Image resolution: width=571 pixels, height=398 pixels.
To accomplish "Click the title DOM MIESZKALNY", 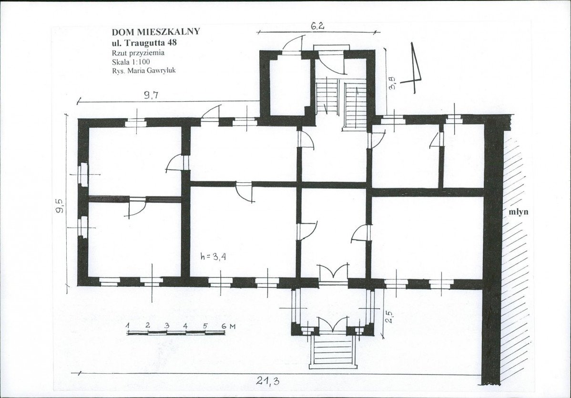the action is (156, 31).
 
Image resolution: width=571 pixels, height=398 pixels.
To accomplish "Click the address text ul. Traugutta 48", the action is (144, 42).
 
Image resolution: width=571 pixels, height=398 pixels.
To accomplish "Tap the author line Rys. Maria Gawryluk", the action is (144, 70).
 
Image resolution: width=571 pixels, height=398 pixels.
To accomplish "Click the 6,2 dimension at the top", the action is (317, 26).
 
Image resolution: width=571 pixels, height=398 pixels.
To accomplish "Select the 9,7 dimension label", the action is (151, 95).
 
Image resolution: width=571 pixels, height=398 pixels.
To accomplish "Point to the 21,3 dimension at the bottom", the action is (268, 381).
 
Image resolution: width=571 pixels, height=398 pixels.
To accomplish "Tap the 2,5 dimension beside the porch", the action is (388, 317).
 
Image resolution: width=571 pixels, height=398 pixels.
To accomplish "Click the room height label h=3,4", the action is (214, 256).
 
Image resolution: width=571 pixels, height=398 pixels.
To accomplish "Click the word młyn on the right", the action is (518, 212).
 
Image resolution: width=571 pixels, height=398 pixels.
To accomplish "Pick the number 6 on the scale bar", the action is (224, 325).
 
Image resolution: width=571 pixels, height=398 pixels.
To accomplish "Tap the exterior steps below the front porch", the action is (333, 352).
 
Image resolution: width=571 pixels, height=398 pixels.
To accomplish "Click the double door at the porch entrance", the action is (333, 325).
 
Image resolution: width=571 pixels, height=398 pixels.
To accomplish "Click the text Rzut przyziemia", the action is (138, 53).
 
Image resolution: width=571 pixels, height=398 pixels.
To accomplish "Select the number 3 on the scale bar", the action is (167, 325).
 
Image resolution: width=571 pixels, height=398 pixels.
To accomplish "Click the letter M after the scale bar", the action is (233, 326).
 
